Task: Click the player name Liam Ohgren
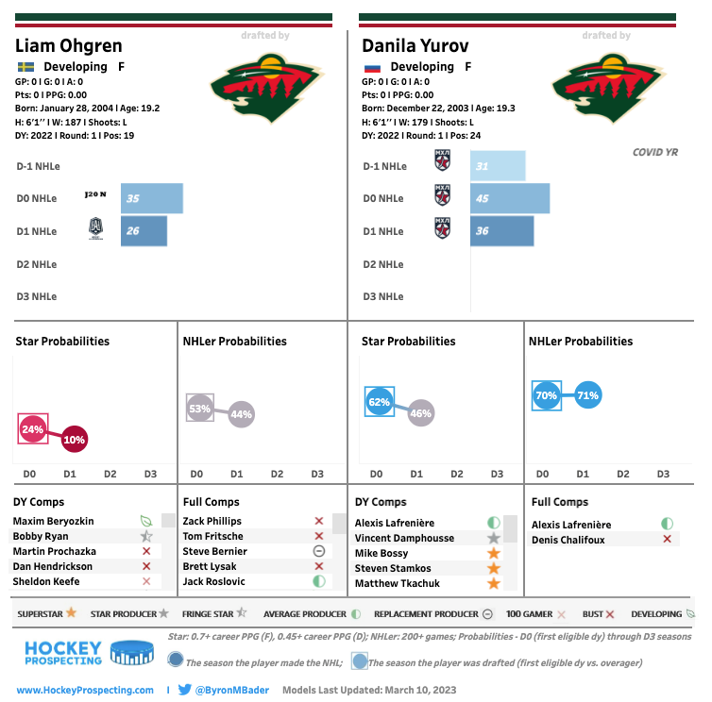(x=69, y=45)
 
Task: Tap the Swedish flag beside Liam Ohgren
(x=25, y=67)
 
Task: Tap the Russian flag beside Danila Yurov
(x=371, y=67)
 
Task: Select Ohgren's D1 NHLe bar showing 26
(x=144, y=231)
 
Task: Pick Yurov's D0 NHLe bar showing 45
(x=510, y=198)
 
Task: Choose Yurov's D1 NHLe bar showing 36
(x=501, y=231)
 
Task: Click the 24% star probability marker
(x=32, y=429)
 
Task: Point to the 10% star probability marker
(x=74, y=440)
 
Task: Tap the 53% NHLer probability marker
(x=199, y=409)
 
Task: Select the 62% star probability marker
(x=379, y=402)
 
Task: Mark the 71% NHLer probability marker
(x=587, y=396)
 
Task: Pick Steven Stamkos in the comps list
(x=392, y=568)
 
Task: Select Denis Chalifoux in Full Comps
(x=568, y=540)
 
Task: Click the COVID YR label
(x=655, y=152)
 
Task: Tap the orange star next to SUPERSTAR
(x=70, y=612)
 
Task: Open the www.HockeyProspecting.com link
(x=85, y=690)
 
